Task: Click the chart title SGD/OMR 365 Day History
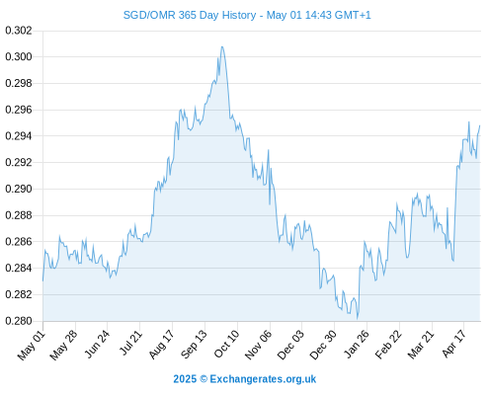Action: click(190, 16)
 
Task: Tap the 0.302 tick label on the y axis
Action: click(19, 31)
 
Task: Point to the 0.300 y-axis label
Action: click(19, 57)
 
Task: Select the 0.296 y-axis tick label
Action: click(19, 110)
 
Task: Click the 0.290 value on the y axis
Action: click(19, 189)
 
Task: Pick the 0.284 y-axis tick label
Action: click(19, 268)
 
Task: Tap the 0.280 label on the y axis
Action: click(19, 321)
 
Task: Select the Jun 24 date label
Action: click(97, 344)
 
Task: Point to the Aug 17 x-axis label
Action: click(161, 345)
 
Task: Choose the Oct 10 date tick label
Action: click(226, 344)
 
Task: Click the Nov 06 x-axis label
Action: click(259, 345)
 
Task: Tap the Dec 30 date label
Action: click(324, 345)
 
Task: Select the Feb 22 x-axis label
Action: click(389, 345)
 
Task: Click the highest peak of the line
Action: click(222, 46)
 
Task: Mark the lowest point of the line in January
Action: click(358, 319)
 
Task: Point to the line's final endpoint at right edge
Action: click(480, 125)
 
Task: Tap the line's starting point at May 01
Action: click(42, 280)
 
